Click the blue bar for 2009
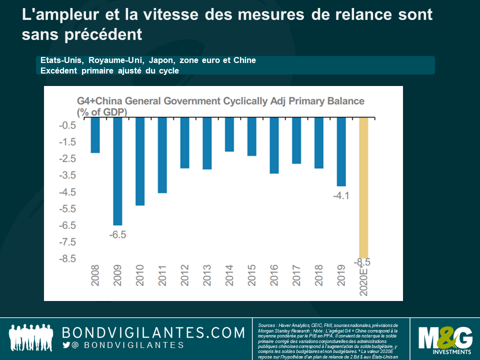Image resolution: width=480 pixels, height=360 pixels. [x=117, y=171]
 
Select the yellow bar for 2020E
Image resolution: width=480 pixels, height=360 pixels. [x=363, y=187]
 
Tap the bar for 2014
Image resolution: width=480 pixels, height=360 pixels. [x=229, y=134]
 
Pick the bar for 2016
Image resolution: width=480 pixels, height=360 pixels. [x=274, y=145]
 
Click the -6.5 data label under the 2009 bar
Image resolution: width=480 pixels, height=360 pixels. [x=117, y=234]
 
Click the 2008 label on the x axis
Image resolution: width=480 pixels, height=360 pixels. [x=95, y=275]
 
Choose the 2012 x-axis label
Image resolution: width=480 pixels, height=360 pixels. [x=184, y=275]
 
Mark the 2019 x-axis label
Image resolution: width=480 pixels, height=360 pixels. [x=341, y=275]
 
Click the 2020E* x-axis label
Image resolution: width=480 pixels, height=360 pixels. [x=363, y=280]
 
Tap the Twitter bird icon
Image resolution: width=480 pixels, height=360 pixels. [x=66, y=345]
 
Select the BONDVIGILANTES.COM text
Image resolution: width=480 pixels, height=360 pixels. [x=153, y=332]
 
